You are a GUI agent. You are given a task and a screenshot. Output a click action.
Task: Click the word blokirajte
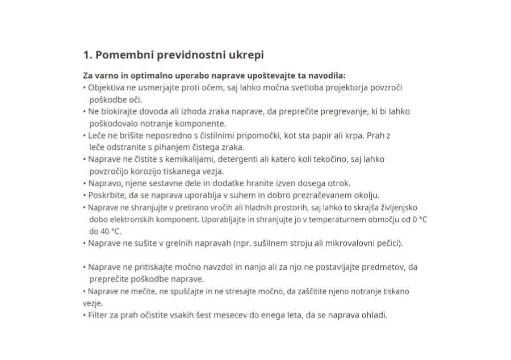coord(123,111)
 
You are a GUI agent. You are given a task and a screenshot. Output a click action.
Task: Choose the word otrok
coord(340,183)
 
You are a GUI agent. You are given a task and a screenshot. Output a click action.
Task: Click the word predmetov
coord(382,267)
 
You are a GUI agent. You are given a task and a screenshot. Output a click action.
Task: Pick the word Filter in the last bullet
coord(99,315)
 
